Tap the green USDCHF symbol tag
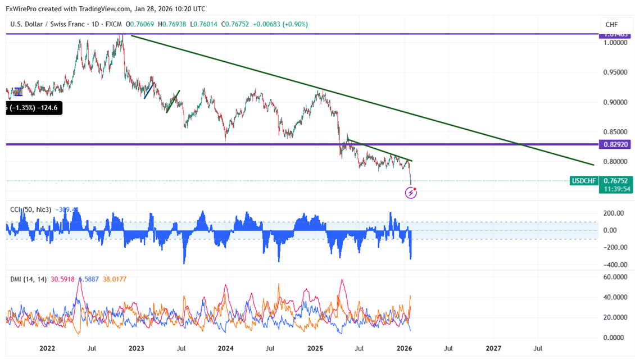584,181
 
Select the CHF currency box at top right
611,25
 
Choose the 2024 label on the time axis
225,349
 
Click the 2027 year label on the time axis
493,349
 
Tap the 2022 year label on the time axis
47,349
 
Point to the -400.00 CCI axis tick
614,265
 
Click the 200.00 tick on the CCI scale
614,213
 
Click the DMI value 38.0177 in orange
114,279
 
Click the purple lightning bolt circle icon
411,193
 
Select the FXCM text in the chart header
113,24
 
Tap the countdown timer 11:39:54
617,189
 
